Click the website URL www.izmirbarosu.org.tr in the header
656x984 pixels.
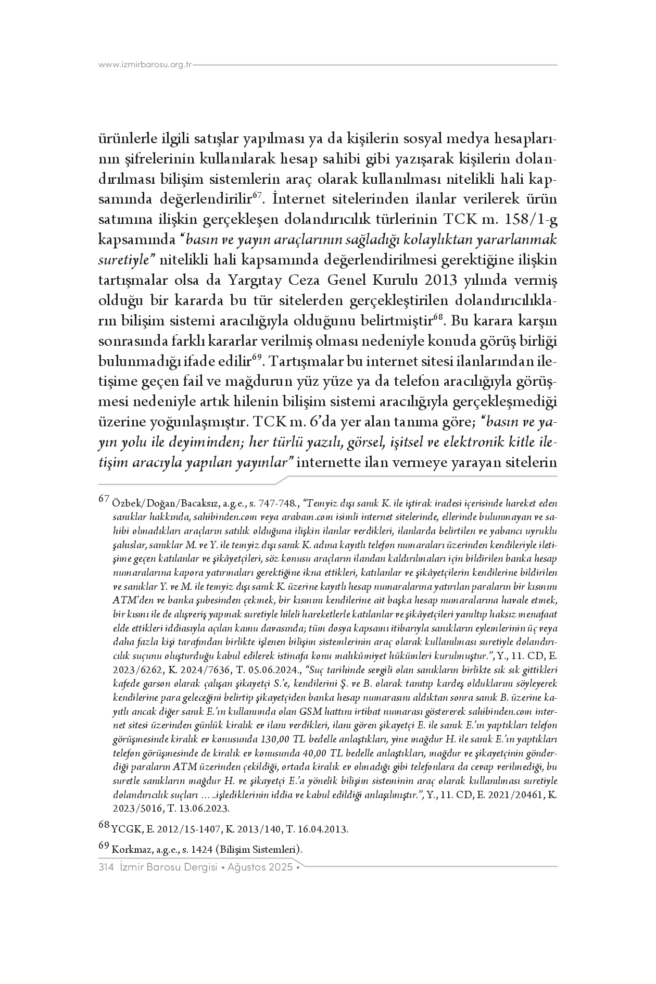(146, 65)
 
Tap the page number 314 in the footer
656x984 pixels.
(106, 868)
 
